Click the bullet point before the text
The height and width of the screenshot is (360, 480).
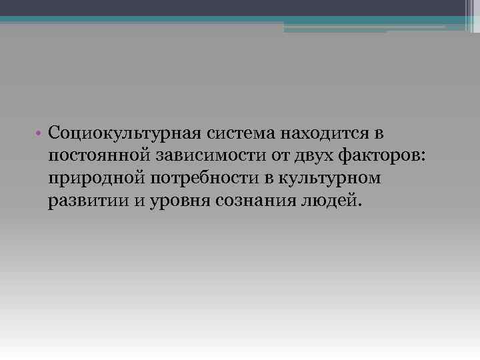point(41,134)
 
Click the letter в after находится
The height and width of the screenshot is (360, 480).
point(379,134)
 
